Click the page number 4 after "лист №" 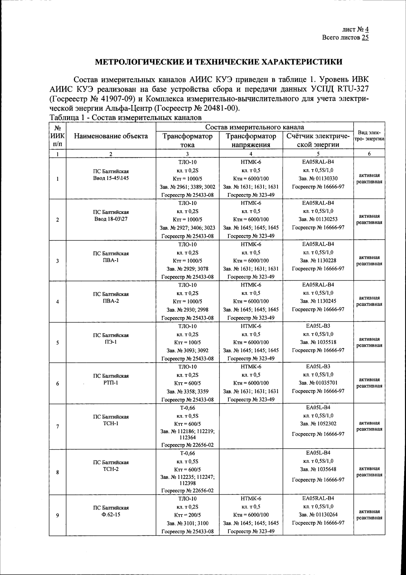point(367,30)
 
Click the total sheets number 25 point(365,37)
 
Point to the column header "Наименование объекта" point(111,136)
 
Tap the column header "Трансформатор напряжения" point(251,140)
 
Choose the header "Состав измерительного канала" point(255,127)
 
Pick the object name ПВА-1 point(111,260)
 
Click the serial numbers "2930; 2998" point(195,309)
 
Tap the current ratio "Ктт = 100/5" point(187,342)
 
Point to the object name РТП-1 point(111,383)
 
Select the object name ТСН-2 point(111,469)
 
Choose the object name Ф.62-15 point(111,515)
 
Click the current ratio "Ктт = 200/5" point(187,515)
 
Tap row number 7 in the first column point(57,427)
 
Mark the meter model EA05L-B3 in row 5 point(318,326)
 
